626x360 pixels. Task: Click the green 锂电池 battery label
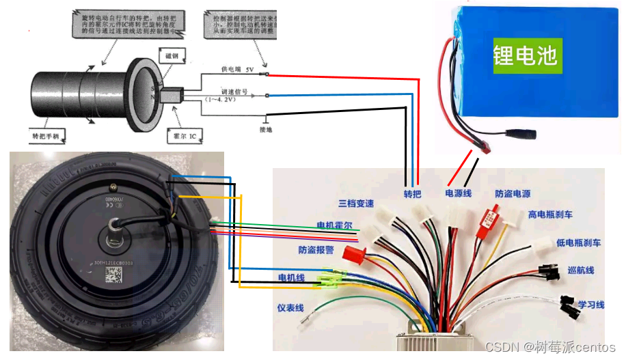click(x=526, y=55)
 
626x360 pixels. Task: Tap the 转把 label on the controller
click(x=412, y=194)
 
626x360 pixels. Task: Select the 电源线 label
click(x=458, y=194)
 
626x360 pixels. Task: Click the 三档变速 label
click(x=356, y=204)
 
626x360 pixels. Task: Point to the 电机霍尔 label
click(x=334, y=225)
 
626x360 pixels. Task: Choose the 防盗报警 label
click(x=316, y=250)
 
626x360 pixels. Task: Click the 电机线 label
click(x=291, y=277)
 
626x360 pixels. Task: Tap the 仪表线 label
click(x=290, y=308)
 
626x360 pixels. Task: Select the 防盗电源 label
click(x=513, y=194)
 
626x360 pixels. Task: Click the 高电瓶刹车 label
click(x=550, y=214)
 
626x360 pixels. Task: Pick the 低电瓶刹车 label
click(x=578, y=243)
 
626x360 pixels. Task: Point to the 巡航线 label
click(x=581, y=271)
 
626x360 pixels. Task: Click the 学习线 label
click(x=591, y=304)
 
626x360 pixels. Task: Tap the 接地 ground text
click(x=266, y=128)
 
